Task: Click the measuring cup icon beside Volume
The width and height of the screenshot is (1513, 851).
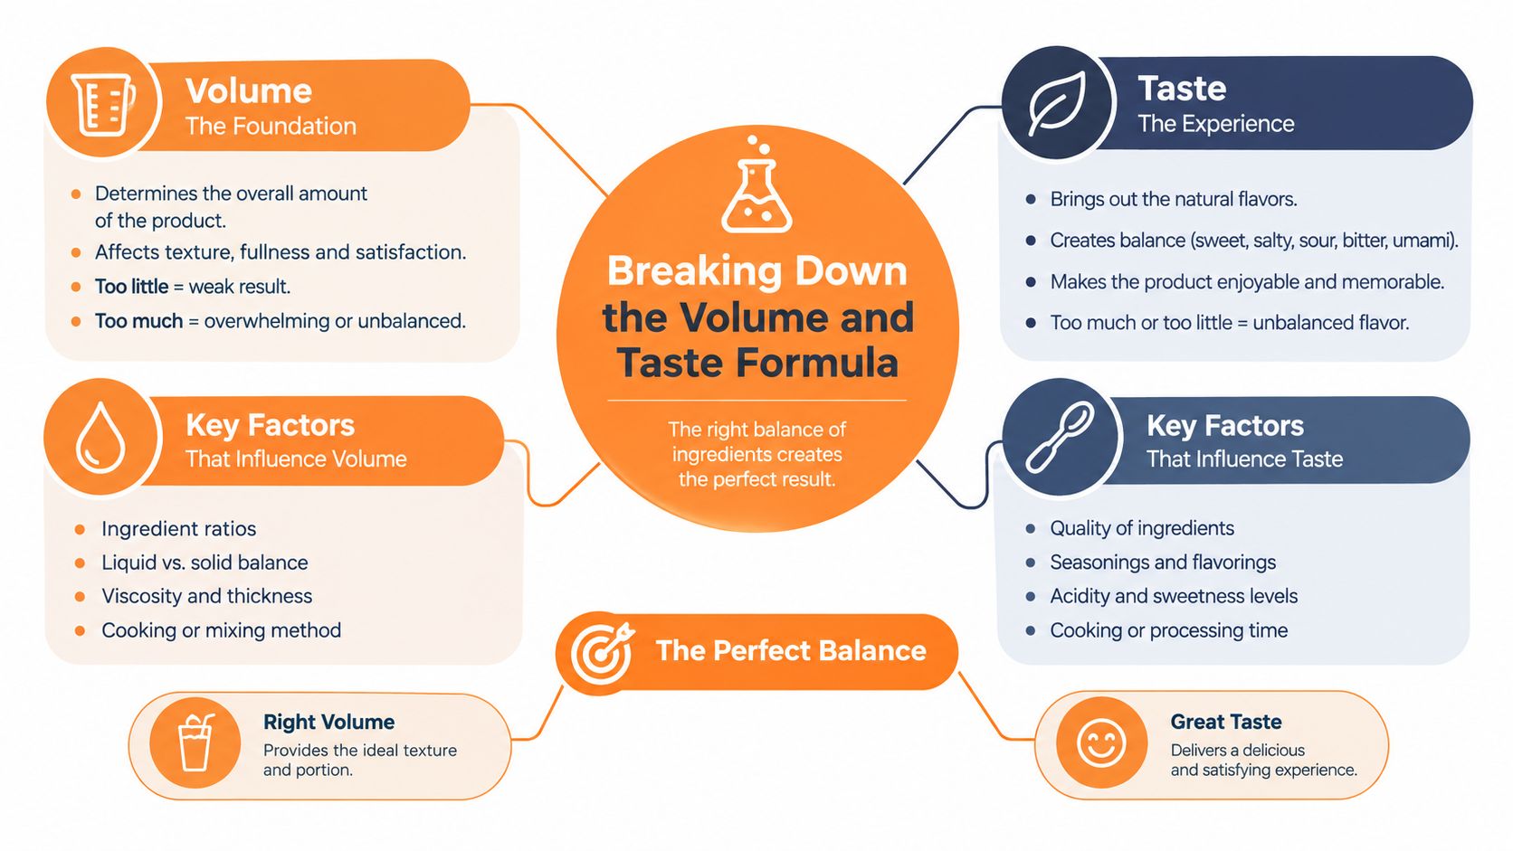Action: (102, 105)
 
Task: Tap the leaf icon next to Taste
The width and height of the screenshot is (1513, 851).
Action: (1058, 103)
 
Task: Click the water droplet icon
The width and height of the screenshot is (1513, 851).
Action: (100, 438)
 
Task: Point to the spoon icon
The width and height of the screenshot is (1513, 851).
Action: (1059, 437)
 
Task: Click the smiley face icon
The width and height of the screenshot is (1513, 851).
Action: (1101, 743)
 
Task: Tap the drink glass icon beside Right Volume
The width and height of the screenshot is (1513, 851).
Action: (195, 742)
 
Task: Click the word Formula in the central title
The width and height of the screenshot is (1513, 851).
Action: (817, 363)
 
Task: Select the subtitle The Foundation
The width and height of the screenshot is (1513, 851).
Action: (271, 127)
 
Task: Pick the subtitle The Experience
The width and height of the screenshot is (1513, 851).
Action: (1216, 124)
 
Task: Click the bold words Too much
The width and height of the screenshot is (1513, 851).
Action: (138, 320)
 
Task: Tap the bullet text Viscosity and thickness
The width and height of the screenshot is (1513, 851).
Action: (206, 596)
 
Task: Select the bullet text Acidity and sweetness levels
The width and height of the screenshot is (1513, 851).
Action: (1174, 596)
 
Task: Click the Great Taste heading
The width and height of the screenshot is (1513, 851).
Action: (1226, 722)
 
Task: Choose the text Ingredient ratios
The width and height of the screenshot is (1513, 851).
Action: (178, 528)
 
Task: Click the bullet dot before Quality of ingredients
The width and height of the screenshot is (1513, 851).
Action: (1030, 528)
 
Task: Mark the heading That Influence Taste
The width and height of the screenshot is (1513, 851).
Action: (1244, 459)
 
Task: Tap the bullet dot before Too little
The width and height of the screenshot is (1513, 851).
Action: (76, 287)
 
